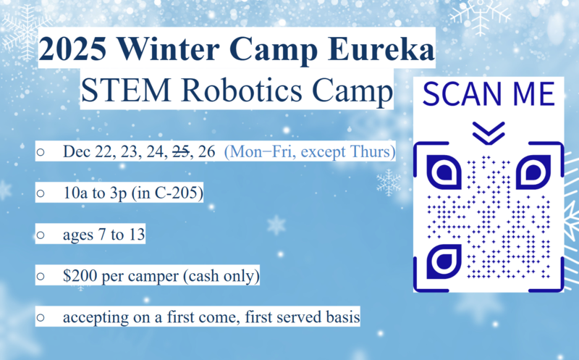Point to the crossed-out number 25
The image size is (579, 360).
tap(180, 152)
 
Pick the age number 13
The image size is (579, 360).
tap(137, 235)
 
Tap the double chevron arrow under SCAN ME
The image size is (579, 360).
tap(487, 131)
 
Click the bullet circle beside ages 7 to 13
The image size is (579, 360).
tap(41, 235)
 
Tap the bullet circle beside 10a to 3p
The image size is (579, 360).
tap(41, 194)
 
